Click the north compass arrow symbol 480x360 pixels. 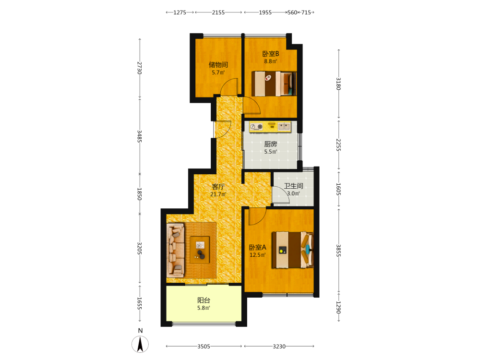click(x=140, y=344)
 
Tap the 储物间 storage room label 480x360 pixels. click(x=218, y=65)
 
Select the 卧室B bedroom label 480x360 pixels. click(x=271, y=54)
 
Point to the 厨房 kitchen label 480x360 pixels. click(x=271, y=144)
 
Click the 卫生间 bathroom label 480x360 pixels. click(x=294, y=186)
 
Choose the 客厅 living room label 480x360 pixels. click(x=218, y=186)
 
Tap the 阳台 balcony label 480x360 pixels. click(x=204, y=300)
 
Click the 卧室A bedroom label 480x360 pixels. click(x=257, y=247)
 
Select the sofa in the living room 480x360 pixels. click(x=175, y=251)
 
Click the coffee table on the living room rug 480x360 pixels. click(x=200, y=250)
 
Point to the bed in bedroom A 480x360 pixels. click(x=293, y=250)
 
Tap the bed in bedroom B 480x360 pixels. click(x=274, y=84)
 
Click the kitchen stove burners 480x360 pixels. click(x=256, y=126)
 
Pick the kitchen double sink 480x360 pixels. click(x=284, y=126)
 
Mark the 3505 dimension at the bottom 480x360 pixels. click(x=204, y=346)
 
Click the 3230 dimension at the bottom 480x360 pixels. click(x=279, y=346)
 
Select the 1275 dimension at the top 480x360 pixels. click(x=180, y=12)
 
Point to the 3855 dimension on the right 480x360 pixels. click(x=338, y=250)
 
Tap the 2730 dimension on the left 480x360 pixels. click(x=140, y=68)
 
